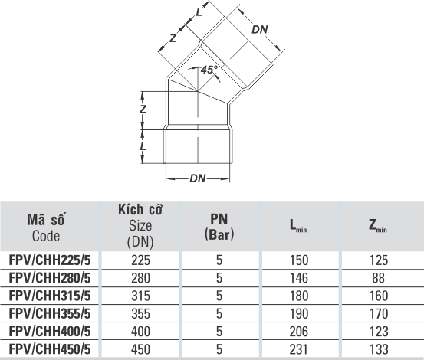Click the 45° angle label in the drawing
tap(209, 70)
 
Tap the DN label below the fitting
tap(198, 178)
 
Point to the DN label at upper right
tap(260, 30)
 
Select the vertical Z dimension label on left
tap(143, 109)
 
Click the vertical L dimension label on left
tap(143, 146)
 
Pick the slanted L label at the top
tap(199, 11)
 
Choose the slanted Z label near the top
tap(173, 38)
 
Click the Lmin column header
tap(298, 225)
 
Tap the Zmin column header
tap(378, 225)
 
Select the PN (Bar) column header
tap(219, 227)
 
